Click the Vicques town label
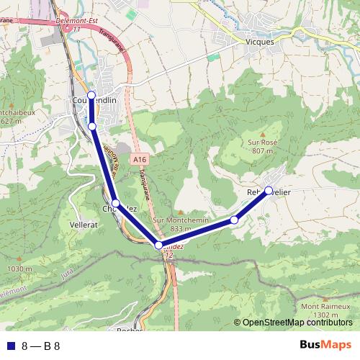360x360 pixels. pos(261,42)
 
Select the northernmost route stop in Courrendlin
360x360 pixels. pos(91,95)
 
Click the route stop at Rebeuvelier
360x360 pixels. pos(269,191)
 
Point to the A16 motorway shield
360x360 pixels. pos(140,159)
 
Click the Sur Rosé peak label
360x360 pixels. pos(263,143)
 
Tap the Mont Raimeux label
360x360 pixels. pos(320,307)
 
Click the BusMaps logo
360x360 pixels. pos(325,345)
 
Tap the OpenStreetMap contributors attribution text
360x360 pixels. pos(297,323)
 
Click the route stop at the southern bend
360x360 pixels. pos(159,246)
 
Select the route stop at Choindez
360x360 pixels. pos(115,204)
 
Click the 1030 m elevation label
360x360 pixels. pos(17,269)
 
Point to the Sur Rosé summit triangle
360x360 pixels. pos(263,135)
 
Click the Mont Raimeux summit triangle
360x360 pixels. pos(320,298)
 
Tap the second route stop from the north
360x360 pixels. pos(92,127)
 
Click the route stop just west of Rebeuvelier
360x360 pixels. pos(234,220)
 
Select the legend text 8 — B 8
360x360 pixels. pos(41,346)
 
